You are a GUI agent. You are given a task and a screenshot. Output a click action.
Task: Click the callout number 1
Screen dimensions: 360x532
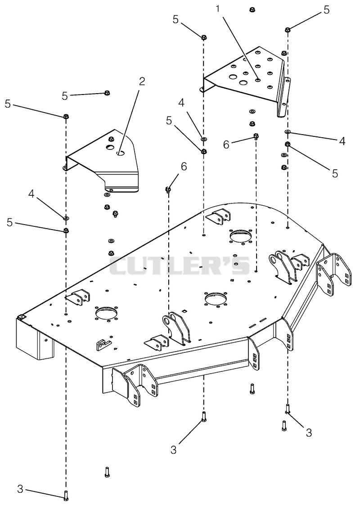pos(219,9)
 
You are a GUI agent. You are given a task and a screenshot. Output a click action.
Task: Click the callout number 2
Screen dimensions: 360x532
pos(142,81)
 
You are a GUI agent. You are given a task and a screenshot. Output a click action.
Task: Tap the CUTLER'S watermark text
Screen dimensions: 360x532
pos(180,266)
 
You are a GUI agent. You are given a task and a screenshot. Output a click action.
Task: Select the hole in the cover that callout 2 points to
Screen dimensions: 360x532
pos(120,153)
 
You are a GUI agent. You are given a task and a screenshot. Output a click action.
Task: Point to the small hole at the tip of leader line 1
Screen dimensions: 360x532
pos(258,80)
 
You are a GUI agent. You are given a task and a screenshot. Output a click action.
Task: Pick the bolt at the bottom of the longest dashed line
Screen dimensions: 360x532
pos(66,495)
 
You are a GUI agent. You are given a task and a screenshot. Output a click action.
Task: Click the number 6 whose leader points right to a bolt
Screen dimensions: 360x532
pos(226,144)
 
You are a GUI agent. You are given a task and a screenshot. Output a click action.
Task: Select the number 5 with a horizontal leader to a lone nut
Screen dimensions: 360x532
pos(65,96)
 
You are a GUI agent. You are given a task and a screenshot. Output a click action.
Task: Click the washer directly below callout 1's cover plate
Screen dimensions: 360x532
pos(252,111)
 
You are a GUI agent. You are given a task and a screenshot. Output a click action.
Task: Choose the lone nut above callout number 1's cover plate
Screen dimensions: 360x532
pos(252,9)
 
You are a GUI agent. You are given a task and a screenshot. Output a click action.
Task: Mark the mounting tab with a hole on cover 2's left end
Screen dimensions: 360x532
pos(64,167)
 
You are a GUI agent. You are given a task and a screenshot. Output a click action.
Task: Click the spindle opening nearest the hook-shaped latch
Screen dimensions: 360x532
pos(107,312)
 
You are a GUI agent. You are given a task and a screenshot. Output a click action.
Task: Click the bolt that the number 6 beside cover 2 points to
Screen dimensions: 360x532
pos(167,190)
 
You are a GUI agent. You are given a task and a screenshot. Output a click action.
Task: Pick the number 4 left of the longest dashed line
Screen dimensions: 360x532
pos(31,195)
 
